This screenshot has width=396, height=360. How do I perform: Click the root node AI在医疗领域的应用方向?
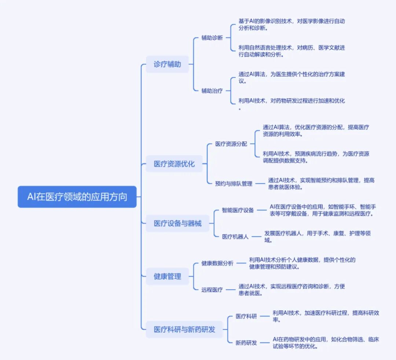(77, 197)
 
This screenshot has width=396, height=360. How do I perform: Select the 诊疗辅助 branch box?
(167, 64)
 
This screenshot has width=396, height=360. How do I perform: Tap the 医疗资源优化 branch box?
(174, 164)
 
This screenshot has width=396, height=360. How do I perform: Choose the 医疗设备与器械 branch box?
(177, 223)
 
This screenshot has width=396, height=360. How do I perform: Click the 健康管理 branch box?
(167, 276)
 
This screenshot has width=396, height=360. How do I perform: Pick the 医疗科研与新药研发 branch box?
(184, 329)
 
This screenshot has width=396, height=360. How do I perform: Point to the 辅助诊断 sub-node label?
(212, 38)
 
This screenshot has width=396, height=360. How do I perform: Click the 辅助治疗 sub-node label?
(212, 91)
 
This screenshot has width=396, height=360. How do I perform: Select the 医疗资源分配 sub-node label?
(231, 144)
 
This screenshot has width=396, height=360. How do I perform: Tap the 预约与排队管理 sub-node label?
(234, 183)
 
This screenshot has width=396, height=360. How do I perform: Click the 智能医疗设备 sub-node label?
(238, 210)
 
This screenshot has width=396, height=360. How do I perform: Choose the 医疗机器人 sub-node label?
(235, 237)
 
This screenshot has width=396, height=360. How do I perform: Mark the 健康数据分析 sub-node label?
(217, 263)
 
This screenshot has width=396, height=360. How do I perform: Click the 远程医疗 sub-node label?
(212, 289)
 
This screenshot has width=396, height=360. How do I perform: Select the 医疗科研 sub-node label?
(246, 316)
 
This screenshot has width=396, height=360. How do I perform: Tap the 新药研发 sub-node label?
(246, 343)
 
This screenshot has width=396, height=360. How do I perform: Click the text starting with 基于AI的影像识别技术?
(291, 25)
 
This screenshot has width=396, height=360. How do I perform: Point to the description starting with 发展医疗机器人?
(317, 237)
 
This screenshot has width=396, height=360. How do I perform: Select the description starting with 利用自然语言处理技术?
(291, 51)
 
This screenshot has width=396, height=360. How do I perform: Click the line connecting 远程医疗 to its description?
(230, 290)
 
